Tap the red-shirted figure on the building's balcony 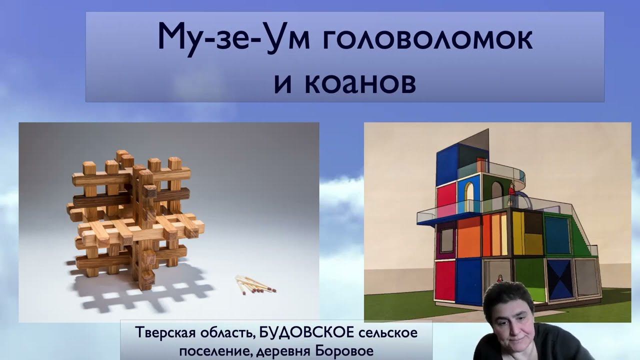coord(511,193)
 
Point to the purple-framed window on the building coord(446,239)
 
